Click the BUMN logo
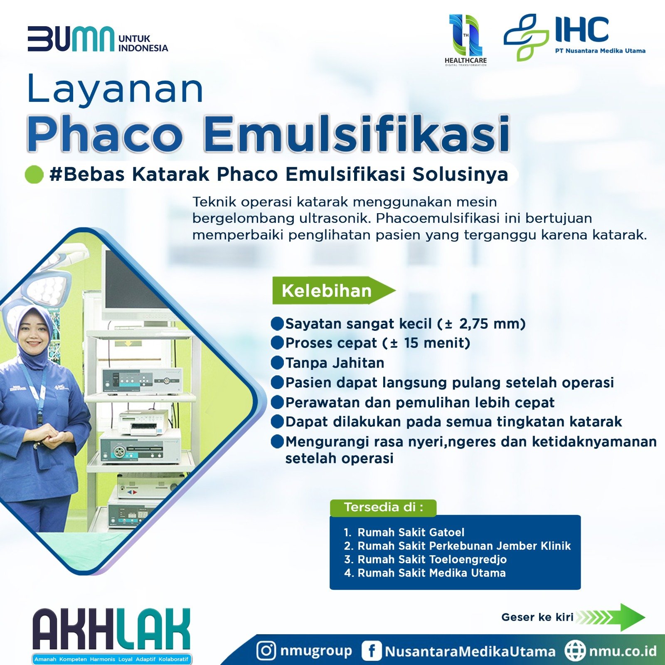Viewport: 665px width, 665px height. [x=98, y=39]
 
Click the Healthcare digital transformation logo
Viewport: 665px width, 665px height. [x=465, y=40]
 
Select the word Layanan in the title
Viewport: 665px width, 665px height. [x=115, y=89]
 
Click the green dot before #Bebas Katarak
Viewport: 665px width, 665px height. [x=34, y=174]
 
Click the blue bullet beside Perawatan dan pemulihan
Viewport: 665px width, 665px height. [x=277, y=402]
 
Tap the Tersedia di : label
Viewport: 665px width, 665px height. [x=383, y=507]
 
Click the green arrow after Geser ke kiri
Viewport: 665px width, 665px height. [x=611, y=617]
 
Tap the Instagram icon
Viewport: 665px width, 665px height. [x=266, y=650]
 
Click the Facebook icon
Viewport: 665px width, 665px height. [x=371, y=650]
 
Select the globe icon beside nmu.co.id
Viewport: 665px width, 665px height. [x=575, y=650]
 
